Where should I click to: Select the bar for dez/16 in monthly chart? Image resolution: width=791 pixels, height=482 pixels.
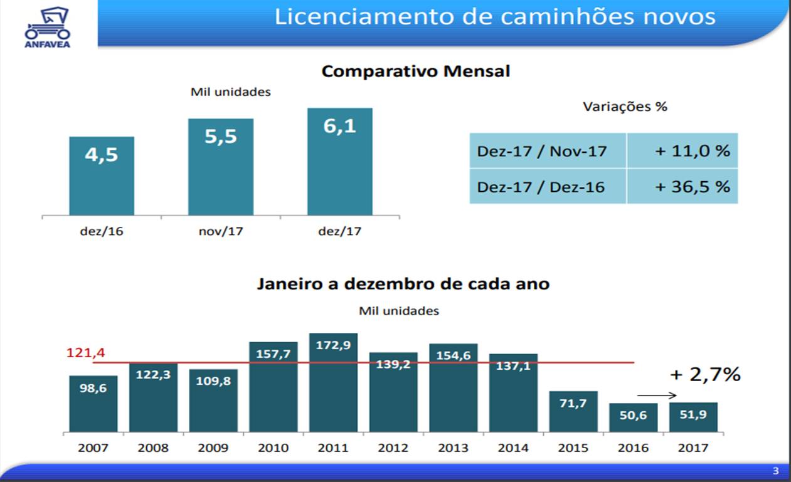(x=102, y=176)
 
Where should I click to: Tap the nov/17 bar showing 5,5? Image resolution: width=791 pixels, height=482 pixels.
(x=221, y=167)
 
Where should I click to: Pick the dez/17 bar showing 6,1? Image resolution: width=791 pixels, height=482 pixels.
(x=339, y=162)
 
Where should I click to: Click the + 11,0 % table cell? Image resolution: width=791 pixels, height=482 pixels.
(x=682, y=151)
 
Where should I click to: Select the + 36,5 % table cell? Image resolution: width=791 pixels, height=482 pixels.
(x=682, y=187)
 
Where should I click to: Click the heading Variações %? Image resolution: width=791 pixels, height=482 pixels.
(x=625, y=107)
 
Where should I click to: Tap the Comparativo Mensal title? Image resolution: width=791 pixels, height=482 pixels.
(x=415, y=71)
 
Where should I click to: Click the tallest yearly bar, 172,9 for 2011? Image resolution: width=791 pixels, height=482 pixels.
(x=333, y=382)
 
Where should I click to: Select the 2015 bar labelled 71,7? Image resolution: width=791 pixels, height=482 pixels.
(x=573, y=412)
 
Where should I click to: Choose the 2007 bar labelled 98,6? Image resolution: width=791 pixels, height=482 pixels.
(x=93, y=404)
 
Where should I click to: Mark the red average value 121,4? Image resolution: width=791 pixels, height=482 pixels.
(x=85, y=353)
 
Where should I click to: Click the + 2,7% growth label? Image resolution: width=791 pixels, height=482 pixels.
(x=705, y=375)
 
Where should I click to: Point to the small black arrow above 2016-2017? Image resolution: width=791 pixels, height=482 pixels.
(x=657, y=396)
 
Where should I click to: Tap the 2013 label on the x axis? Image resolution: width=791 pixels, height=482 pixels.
(x=453, y=448)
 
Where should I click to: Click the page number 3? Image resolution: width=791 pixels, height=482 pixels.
(x=775, y=471)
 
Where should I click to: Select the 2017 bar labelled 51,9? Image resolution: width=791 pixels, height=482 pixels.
(x=693, y=417)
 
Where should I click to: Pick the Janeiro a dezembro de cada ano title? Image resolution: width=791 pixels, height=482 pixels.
(x=403, y=284)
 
